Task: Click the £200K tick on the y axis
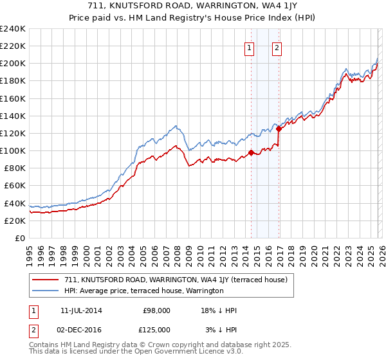click(x=13, y=64)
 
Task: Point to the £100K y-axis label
click(x=13, y=151)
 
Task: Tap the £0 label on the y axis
click(x=19, y=238)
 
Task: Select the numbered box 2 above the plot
click(x=277, y=47)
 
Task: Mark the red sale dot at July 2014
click(x=251, y=152)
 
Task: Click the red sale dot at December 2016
click(x=279, y=129)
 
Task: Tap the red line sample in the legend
click(x=46, y=280)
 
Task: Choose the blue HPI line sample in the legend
click(x=46, y=291)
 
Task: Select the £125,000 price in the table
click(x=156, y=329)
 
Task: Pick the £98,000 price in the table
click(x=156, y=310)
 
